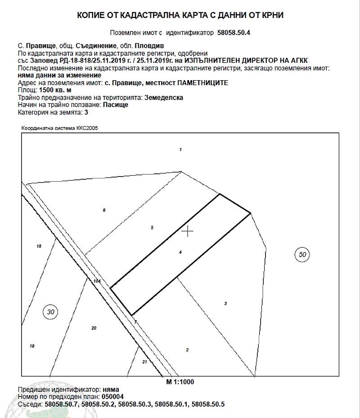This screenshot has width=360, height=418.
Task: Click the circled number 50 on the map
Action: click(302, 255)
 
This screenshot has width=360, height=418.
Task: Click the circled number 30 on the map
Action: click(51, 311)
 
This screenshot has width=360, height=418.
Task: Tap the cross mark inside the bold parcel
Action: click(187, 231)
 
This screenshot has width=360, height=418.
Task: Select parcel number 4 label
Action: click(180, 252)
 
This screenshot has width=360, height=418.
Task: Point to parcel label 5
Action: click(153, 228)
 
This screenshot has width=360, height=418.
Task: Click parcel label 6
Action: click(104, 210)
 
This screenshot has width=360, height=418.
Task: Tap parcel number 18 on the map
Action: click(39, 246)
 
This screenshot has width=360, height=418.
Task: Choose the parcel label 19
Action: click(31, 346)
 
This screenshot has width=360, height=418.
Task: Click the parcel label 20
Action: click(94, 328)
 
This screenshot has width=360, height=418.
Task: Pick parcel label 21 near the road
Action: click(144, 362)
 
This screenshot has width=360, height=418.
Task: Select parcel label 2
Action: click(187, 350)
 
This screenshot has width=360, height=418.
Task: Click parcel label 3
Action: click(225, 304)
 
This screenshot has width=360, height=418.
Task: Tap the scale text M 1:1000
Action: click(180, 382)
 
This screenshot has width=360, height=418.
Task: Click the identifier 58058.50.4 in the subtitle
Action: click(234, 33)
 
